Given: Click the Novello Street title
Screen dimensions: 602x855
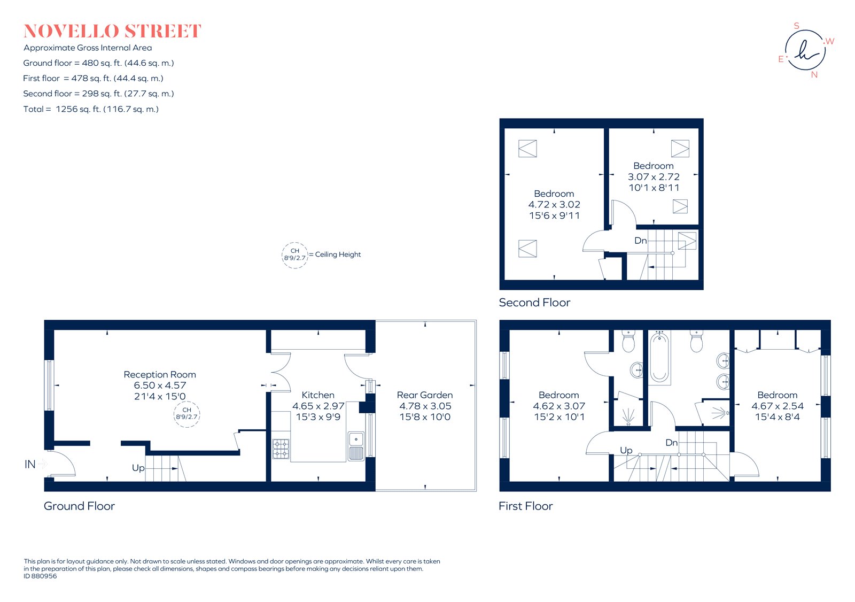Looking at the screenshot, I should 112,31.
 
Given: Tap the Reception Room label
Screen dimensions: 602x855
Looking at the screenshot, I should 160,374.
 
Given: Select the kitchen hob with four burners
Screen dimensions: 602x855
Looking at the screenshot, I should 281,449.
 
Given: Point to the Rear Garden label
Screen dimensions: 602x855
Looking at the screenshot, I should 425,395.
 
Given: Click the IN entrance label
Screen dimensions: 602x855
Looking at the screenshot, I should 30,464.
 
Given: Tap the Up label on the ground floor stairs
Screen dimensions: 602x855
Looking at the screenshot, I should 138,468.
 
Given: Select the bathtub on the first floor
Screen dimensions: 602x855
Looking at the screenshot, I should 660,357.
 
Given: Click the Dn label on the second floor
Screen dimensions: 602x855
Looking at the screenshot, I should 640,241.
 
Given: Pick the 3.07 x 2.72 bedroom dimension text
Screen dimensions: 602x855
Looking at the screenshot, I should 654,176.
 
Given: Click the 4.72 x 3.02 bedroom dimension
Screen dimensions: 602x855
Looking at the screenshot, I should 554,204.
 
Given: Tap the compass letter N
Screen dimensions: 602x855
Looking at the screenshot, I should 814,75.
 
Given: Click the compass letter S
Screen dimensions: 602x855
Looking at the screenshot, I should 796,26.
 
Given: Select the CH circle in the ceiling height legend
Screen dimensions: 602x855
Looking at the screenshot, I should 295,254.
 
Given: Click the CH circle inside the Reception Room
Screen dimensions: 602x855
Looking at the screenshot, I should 187,414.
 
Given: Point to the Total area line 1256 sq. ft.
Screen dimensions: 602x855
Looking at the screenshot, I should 91,109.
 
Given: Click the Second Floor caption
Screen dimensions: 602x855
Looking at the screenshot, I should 534,303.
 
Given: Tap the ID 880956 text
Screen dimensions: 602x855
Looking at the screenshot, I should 40,576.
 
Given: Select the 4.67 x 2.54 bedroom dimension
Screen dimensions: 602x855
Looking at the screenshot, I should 777,406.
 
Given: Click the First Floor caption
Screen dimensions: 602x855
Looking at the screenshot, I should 525,506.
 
